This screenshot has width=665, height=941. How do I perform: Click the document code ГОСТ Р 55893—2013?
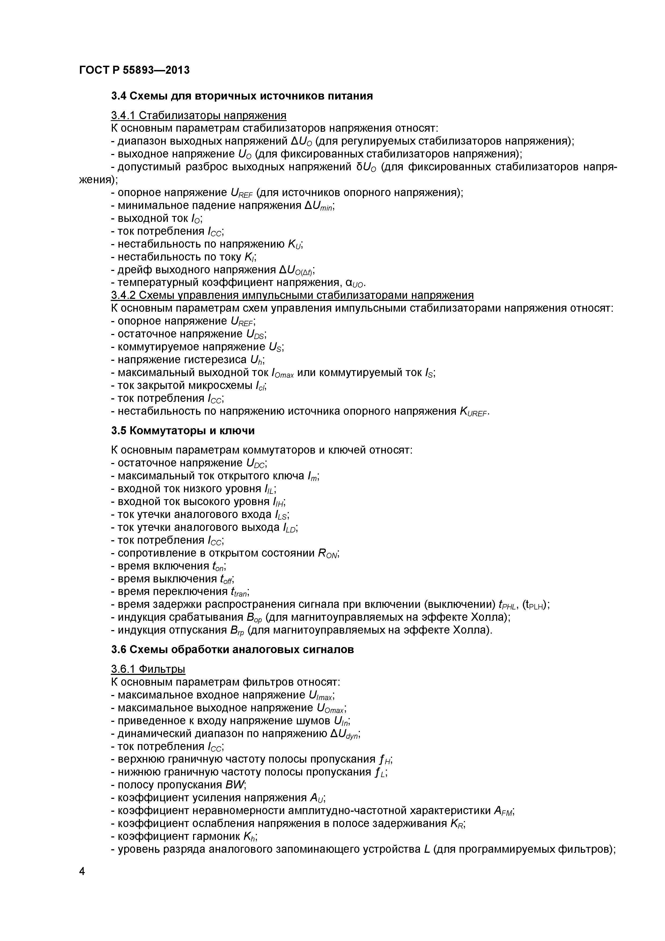pyautogui.click(x=134, y=71)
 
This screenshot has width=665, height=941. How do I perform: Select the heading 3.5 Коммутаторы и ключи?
pyautogui.click(x=183, y=431)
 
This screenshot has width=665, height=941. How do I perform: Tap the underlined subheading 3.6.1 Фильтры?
pyautogui.click(x=148, y=669)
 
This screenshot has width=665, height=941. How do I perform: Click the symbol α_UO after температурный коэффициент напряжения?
pyautogui.click(x=355, y=283)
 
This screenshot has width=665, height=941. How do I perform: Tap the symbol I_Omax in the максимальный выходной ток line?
pyautogui.click(x=282, y=373)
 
